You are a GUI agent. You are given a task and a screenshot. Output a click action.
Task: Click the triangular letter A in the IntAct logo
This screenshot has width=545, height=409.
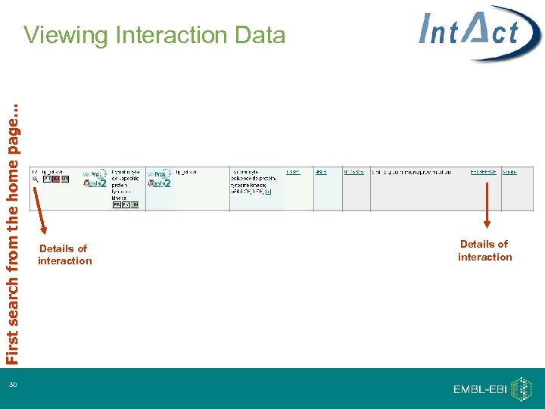click(x=474, y=32)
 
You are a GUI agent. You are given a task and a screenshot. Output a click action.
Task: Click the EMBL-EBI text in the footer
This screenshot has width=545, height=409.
click(x=480, y=389)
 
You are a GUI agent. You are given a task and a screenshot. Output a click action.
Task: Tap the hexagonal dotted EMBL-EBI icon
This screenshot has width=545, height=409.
click(x=522, y=389)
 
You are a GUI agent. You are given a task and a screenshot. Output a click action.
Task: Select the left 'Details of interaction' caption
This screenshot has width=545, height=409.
click(x=64, y=254)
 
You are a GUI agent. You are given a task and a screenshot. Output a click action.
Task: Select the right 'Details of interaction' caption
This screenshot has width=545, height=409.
click(x=484, y=251)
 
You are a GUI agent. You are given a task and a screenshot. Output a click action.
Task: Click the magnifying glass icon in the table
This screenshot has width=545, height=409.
click(x=35, y=180)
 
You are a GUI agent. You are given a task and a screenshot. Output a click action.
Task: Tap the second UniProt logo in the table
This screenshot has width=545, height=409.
click(x=158, y=173)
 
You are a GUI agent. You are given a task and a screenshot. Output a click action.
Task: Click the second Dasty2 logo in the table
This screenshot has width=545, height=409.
click(x=160, y=183)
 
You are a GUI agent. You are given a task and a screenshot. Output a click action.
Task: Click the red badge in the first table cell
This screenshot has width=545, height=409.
click(x=56, y=180)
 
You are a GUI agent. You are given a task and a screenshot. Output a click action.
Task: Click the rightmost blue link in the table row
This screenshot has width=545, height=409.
click(x=509, y=172)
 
